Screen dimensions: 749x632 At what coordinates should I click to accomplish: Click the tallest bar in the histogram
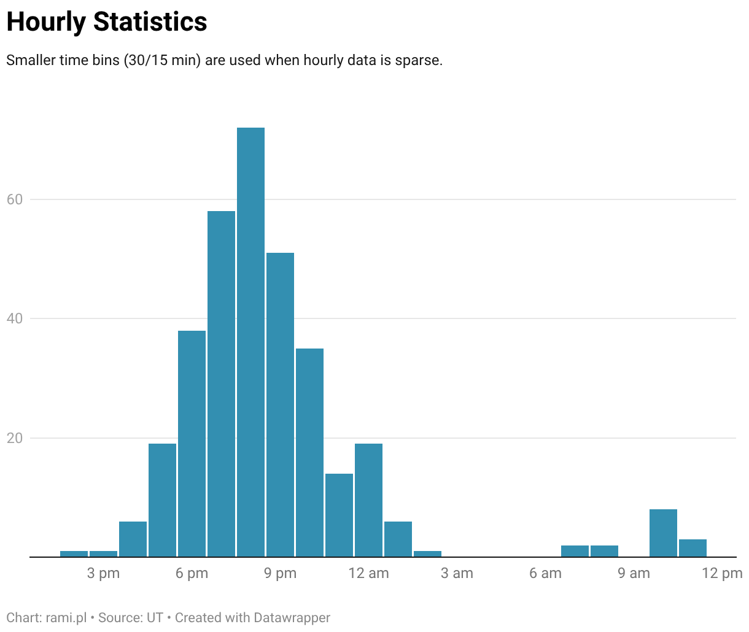coord(250,342)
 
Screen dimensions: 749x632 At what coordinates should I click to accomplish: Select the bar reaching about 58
coord(222,384)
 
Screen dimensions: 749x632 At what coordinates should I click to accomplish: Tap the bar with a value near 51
coord(280,405)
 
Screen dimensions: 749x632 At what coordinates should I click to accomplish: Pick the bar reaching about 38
coord(192,444)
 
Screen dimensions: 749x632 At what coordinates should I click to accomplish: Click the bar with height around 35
coord(309,452)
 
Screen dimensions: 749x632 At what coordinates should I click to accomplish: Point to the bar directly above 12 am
coord(368,500)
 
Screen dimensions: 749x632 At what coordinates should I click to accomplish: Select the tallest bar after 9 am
coord(663,533)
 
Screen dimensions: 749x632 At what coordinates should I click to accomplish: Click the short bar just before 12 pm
coord(693,548)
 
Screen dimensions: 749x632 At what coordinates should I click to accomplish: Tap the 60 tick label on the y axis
coord(15,199)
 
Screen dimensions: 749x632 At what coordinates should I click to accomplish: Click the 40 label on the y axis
coord(15,318)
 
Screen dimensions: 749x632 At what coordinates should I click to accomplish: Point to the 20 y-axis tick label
coord(15,438)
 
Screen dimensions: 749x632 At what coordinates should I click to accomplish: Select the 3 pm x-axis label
coord(103,574)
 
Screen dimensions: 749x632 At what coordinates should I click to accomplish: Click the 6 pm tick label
coord(192,574)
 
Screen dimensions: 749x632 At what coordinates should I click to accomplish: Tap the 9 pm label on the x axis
coord(280,574)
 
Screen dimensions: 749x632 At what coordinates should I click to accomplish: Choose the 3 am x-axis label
coord(457,573)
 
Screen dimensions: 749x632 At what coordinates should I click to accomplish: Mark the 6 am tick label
coord(545,573)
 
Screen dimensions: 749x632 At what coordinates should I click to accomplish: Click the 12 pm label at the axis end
coord(722,574)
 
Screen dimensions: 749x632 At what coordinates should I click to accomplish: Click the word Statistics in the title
coord(150,21)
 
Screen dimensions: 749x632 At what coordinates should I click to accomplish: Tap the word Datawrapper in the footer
coord(292,618)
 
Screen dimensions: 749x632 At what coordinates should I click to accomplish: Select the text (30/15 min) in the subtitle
coord(162,60)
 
